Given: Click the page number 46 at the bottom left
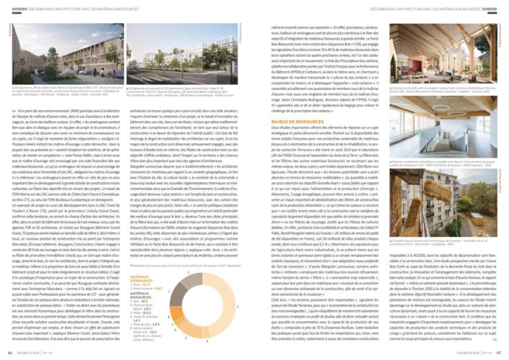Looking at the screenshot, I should [x=9, y=354].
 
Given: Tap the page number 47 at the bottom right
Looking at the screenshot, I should [x=499, y=354].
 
